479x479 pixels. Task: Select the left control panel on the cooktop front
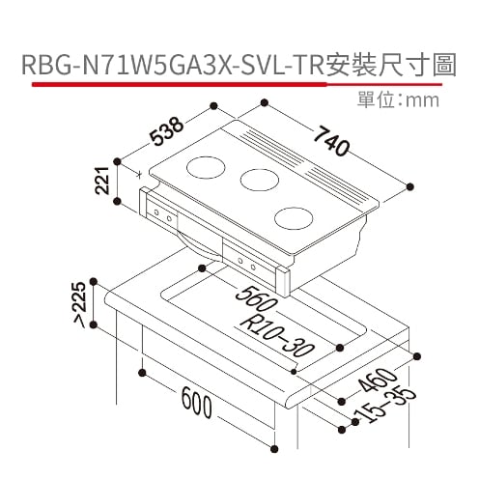(x=165, y=217)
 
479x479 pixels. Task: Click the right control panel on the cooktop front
(x=244, y=261)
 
